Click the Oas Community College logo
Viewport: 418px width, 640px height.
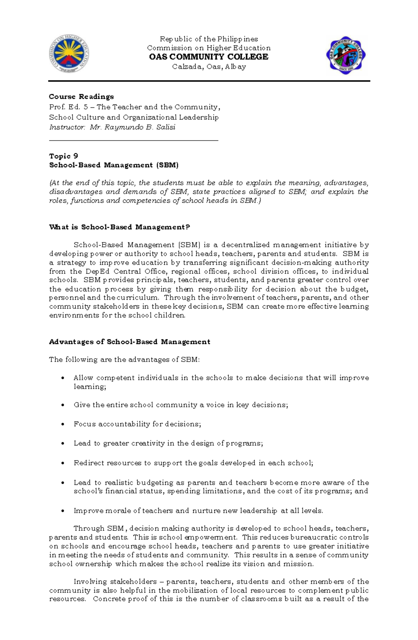346,55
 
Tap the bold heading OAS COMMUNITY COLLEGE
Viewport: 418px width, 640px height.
209,57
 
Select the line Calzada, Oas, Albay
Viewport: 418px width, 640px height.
209,67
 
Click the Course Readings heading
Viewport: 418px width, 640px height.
82,97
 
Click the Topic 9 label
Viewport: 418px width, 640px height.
63,156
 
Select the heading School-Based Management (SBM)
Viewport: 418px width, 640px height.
114,165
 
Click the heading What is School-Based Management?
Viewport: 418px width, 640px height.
119,227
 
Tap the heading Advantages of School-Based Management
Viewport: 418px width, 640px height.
130,342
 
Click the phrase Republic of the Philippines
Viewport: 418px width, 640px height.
209,39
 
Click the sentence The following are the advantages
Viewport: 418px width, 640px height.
124,360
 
